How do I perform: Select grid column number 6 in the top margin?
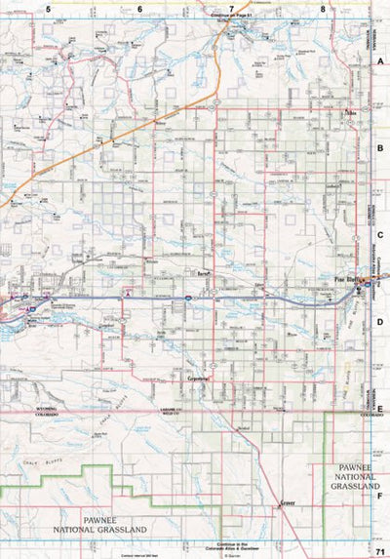[139, 8]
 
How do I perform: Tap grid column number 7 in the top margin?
[231, 8]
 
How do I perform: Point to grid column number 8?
[322, 8]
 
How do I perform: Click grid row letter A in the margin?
[381, 60]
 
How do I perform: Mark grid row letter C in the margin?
[381, 234]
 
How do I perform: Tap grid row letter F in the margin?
[381, 496]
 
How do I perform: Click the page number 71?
[379, 552]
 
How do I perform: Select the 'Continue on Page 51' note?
[231, 18]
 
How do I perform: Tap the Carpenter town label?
[198, 374]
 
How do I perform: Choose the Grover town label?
[286, 502]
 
